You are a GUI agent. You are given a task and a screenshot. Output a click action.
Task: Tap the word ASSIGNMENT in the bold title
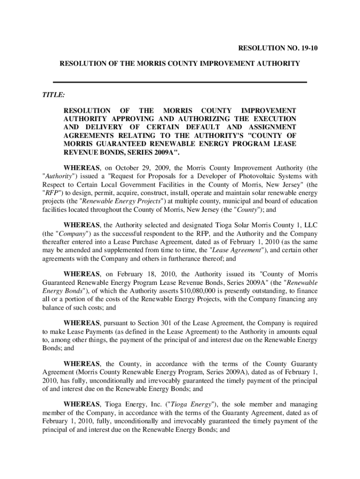pos(271,127)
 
